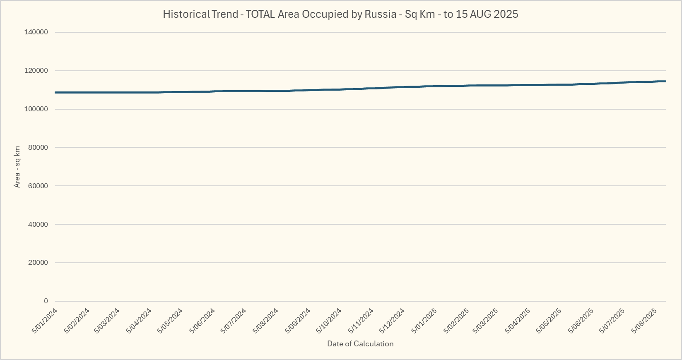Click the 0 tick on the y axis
click(46, 301)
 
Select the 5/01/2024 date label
click(44, 321)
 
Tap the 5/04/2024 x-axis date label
click(140, 321)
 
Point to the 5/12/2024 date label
click(393, 321)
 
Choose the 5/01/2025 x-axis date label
click(424, 321)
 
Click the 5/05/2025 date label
click(549, 321)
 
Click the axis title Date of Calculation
click(360, 344)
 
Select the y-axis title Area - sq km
click(17, 167)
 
